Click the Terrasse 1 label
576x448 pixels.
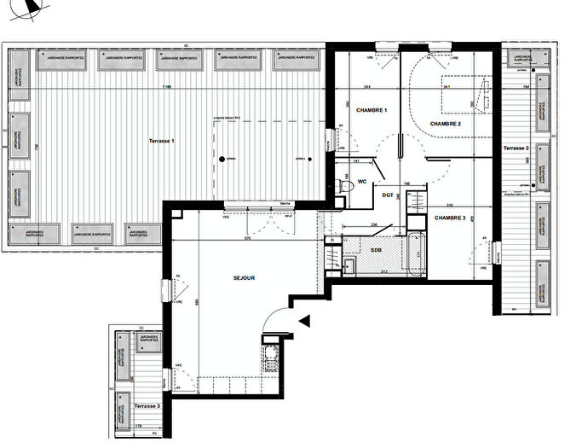point(161,140)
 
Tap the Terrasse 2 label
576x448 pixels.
point(516,148)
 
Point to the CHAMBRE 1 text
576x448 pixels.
point(372,111)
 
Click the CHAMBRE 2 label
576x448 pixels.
point(446,125)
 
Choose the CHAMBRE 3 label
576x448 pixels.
point(451,218)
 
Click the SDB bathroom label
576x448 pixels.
point(376,248)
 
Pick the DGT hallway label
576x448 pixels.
point(388,195)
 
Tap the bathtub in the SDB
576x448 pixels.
point(415,254)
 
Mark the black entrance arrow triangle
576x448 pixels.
point(305,320)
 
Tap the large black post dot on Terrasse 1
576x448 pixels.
point(222,159)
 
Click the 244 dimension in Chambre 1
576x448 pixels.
point(366,88)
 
